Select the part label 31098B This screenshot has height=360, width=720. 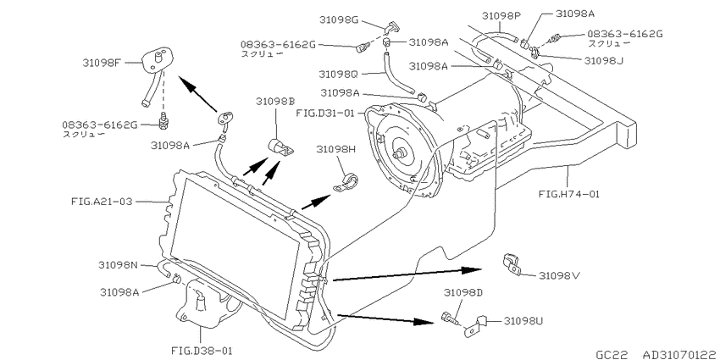click(275, 101)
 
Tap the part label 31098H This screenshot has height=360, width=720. click(335, 149)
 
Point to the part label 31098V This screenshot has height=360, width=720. click(558, 275)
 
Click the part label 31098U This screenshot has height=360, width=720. click(524, 320)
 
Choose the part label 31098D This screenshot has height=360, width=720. click(462, 292)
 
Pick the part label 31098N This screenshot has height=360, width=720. click(118, 265)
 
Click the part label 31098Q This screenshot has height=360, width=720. click(340, 74)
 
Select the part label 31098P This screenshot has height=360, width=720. click(501, 16)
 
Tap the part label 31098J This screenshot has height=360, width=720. click(604, 60)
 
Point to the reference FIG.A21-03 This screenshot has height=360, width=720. click(102, 201)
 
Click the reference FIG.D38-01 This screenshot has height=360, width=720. click(202, 351)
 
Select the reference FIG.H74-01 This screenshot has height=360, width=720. click(569, 194)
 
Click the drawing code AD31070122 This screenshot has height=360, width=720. click(678, 354)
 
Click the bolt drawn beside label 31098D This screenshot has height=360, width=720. click(449, 318)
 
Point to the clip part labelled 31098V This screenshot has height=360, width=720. click(512, 263)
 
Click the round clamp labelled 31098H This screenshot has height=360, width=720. click(346, 182)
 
